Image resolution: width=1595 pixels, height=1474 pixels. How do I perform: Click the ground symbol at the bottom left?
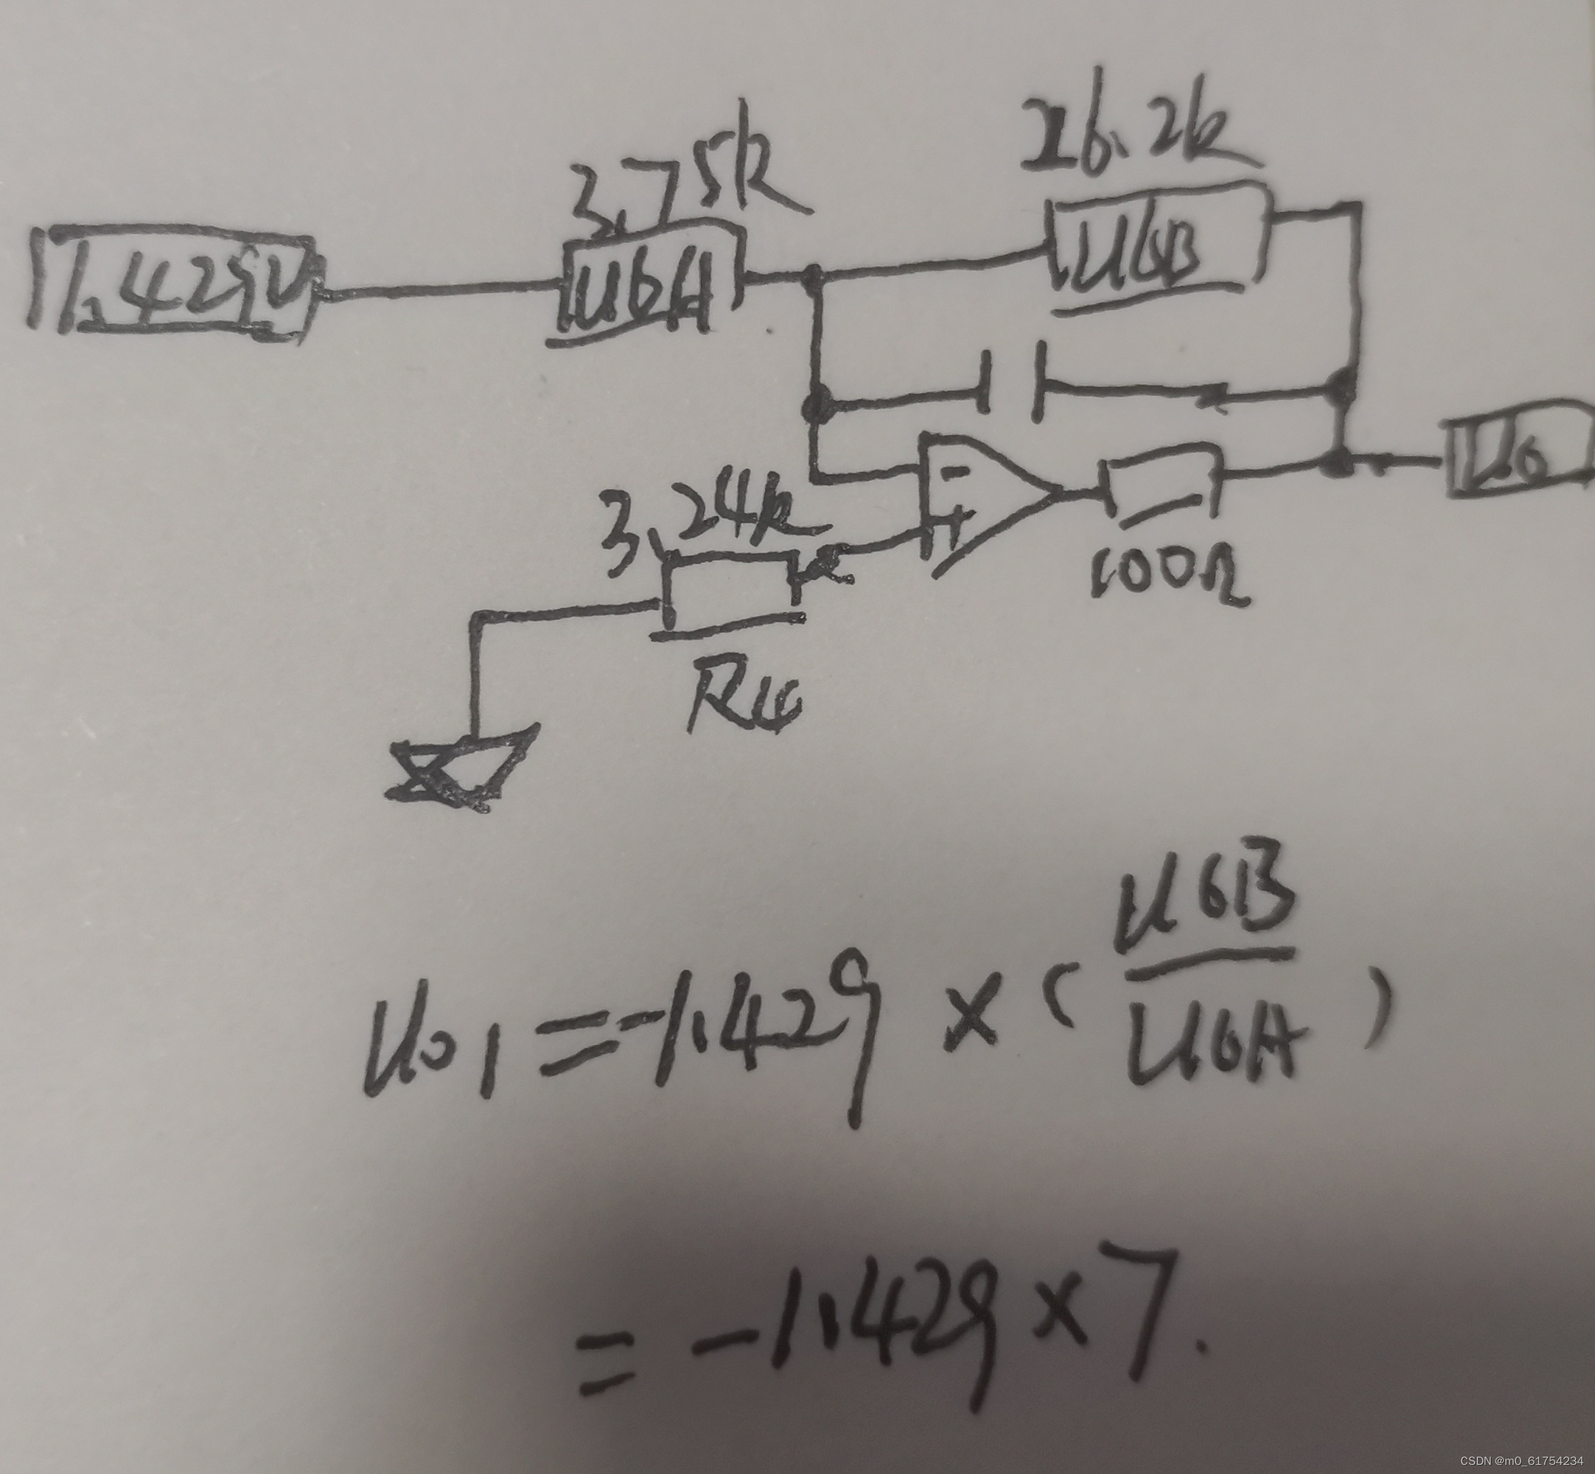click(459, 770)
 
